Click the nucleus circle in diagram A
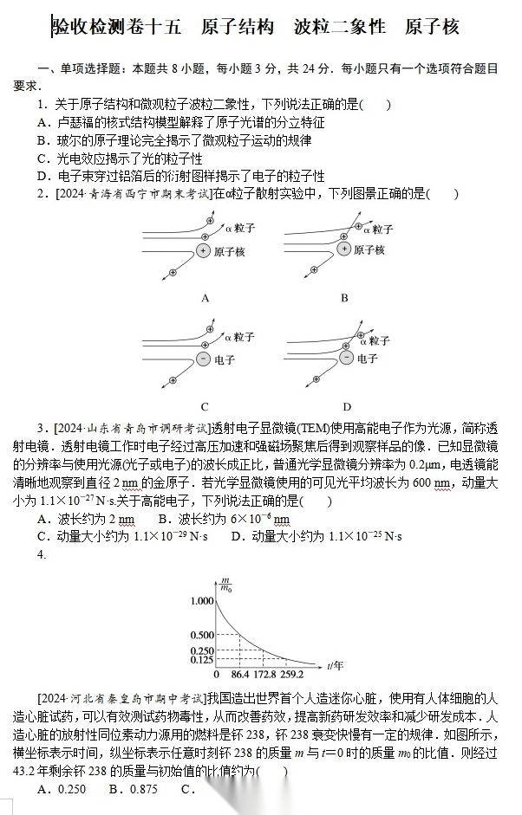202,251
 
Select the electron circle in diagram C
202,359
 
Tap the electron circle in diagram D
343,358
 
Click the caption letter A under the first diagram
206,298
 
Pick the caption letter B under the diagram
344,298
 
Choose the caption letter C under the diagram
205,406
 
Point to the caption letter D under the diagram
346,406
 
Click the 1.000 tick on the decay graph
200,600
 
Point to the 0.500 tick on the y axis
200,636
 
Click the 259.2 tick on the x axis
291,674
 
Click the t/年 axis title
336,665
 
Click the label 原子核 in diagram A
229,251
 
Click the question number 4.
41,555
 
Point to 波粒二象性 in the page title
340,27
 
